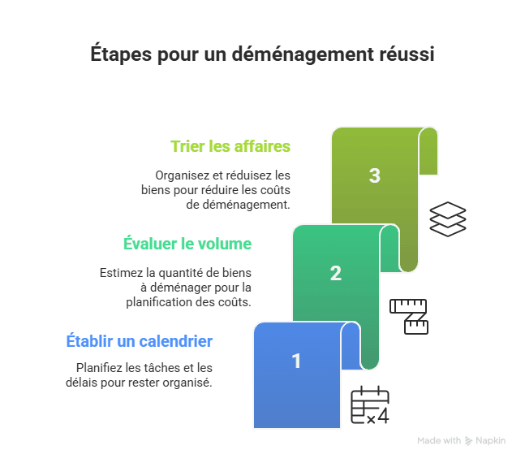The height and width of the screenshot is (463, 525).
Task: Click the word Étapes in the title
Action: click(x=121, y=54)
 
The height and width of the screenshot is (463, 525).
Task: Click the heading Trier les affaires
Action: click(x=230, y=146)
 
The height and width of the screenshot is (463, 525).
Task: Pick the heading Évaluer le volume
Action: click(x=187, y=243)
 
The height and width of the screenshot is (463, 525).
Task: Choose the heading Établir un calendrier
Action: click(x=140, y=340)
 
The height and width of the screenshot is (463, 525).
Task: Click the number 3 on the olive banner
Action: click(x=375, y=175)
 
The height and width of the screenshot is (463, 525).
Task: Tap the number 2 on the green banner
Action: click(x=336, y=273)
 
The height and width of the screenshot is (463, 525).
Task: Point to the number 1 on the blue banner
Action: click(x=296, y=361)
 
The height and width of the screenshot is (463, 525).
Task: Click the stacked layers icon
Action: click(x=448, y=219)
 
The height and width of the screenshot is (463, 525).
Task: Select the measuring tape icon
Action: click(x=409, y=317)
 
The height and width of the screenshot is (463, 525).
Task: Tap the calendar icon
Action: click(x=370, y=405)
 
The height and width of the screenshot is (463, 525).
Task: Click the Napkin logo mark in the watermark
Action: click(x=469, y=441)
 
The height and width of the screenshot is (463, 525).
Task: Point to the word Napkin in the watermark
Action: click(x=490, y=440)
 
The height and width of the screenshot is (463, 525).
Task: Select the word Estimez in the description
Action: click(x=122, y=273)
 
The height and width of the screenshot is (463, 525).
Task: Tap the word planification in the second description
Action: click(x=159, y=302)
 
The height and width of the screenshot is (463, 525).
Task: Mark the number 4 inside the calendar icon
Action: click(x=383, y=416)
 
